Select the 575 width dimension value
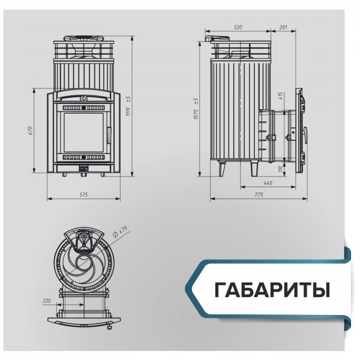point(83,195)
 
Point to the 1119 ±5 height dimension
point(136,104)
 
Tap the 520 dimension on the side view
point(238,28)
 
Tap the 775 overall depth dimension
point(258,195)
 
